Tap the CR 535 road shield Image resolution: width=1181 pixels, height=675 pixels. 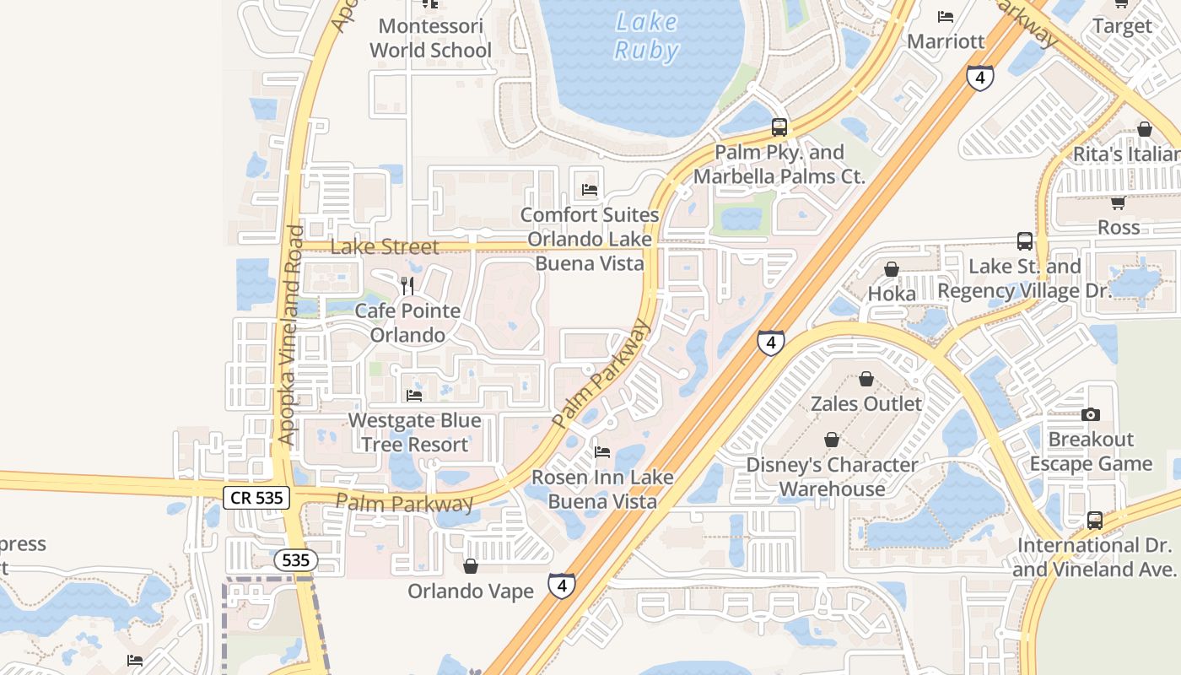click(257, 498)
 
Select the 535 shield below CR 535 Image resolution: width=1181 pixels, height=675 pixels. click(295, 559)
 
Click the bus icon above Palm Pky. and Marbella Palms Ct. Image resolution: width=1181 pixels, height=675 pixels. click(779, 128)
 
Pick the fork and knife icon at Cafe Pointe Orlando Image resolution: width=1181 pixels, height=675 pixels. click(407, 285)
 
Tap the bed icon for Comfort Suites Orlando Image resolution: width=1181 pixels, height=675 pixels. click(589, 189)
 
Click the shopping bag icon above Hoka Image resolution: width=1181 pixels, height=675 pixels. click(892, 269)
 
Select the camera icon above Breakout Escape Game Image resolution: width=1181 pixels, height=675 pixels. click(1091, 414)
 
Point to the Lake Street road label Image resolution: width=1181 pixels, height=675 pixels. click(384, 247)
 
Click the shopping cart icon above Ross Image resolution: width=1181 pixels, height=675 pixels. click(1118, 202)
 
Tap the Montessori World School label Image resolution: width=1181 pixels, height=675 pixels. click(430, 38)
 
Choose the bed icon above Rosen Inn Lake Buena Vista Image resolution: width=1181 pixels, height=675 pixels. click(602, 452)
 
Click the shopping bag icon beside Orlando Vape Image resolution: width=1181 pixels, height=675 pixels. click(471, 565)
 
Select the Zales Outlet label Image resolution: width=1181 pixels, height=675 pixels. click(866, 403)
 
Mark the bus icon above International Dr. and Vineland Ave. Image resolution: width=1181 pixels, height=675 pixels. click(1094, 521)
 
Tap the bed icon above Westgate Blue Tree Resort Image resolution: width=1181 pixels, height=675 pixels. click(414, 395)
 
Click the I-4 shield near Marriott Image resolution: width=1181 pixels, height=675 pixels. click(979, 78)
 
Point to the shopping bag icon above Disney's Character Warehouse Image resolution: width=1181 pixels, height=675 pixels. click(832, 440)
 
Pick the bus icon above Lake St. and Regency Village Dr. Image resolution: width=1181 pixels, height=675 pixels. click(1025, 241)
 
